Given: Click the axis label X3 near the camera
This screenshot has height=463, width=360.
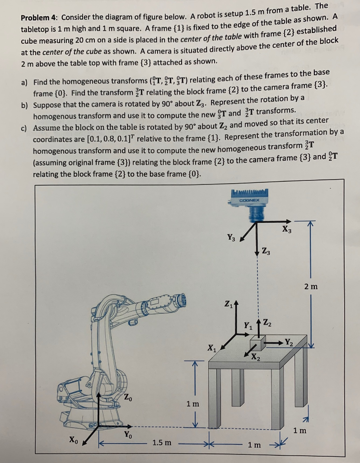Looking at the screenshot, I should click(x=286, y=229).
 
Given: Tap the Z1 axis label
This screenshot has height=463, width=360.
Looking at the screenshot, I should click(x=229, y=303).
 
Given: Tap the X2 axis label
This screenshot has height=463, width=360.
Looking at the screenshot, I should click(x=256, y=355).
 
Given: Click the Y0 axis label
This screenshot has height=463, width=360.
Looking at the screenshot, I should click(x=128, y=435).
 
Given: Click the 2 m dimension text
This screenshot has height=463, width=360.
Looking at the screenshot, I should click(x=311, y=286).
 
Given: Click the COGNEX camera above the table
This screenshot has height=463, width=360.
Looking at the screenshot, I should click(x=249, y=204).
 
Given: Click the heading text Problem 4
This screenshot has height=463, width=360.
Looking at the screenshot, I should click(x=40, y=17).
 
